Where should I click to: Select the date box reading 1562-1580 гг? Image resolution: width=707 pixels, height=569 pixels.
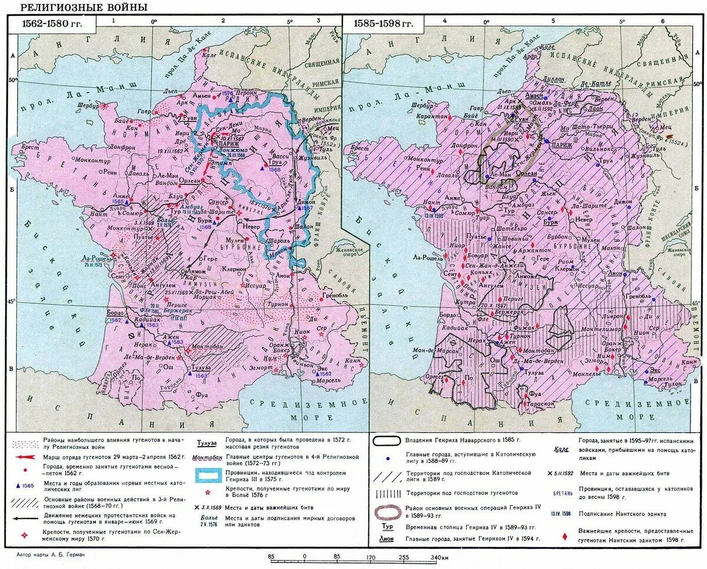tap(51, 24)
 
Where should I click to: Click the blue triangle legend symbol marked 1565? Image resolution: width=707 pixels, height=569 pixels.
tap(24, 485)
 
